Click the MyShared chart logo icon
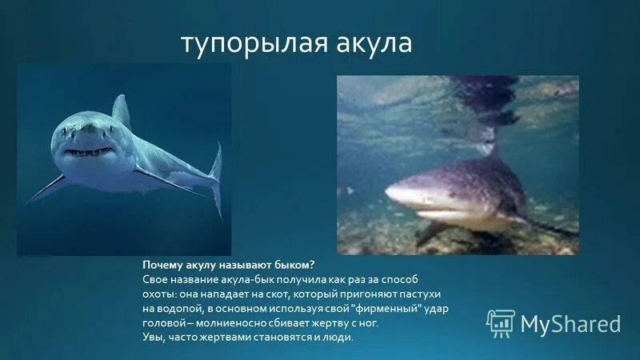(x=500, y=322)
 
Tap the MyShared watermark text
(x=570, y=323)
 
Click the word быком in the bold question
(x=294, y=264)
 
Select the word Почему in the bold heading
(x=163, y=264)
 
